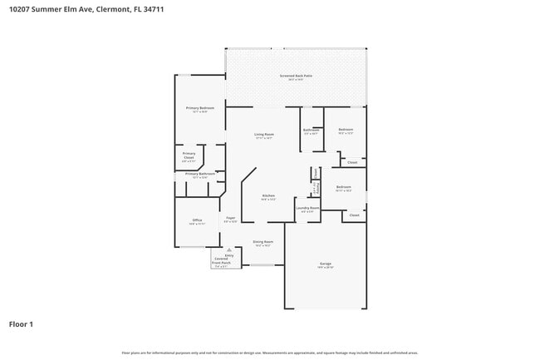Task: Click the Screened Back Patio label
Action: (296, 76)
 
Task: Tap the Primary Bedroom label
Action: (200, 108)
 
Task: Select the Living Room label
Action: (264, 135)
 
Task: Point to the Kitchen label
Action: (268, 195)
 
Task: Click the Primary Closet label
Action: (189, 155)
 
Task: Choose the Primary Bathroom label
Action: (200, 174)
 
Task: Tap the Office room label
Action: (197, 220)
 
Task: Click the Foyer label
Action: (230, 218)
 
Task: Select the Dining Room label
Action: (263, 242)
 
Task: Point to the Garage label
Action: (326, 264)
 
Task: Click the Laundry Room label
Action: (308, 208)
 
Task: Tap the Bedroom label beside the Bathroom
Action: (346, 129)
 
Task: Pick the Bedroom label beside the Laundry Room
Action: (344, 187)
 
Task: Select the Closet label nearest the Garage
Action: (354, 215)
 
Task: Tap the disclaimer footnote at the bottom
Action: (270, 353)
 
